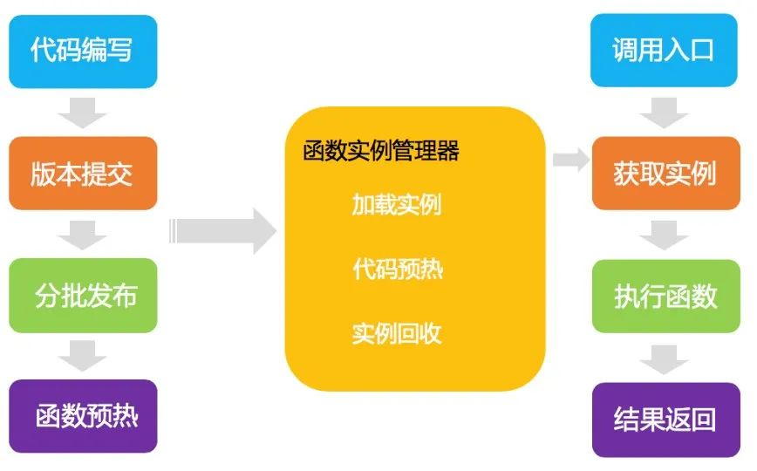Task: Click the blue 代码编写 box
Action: click(x=83, y=51)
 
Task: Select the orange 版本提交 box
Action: click(x=83, y=173)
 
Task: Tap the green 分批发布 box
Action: click(x=83, y=295)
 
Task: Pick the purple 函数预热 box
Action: click(x=83, y=416)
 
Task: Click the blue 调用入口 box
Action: click(x=665, y=51)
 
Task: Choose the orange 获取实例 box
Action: click(x=665, y=173)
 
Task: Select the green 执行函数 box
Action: click(x=665, y=295)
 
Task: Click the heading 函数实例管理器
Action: click(x=381, y=151)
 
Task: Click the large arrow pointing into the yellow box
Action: click(x=225, y=231)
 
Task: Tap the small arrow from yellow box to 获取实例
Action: click(x=572, y=159)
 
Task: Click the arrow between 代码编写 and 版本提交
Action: click(x=83, y=112)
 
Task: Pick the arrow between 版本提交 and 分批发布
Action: click(x=83, y=234)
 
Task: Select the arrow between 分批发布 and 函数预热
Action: click(x=83, y=355)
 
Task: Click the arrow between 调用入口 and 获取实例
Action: click(x=665, y=112)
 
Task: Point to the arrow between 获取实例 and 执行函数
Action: click(x=665, y=234)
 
